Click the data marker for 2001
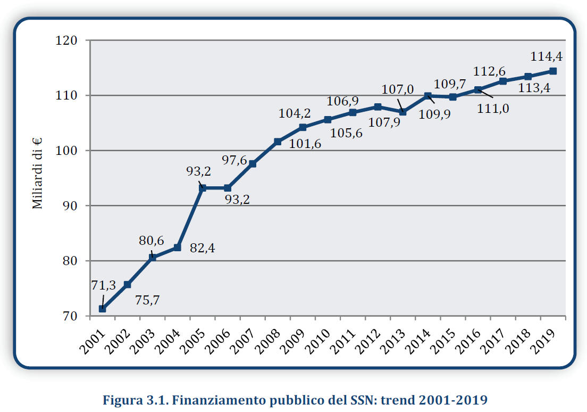coord(102,309)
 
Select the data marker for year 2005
coord(203,188)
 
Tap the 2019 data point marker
coord(553,71)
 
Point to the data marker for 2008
coord(278,142)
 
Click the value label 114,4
coord(547,56)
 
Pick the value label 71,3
coord(103,285)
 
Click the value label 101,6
coord(305,143)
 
